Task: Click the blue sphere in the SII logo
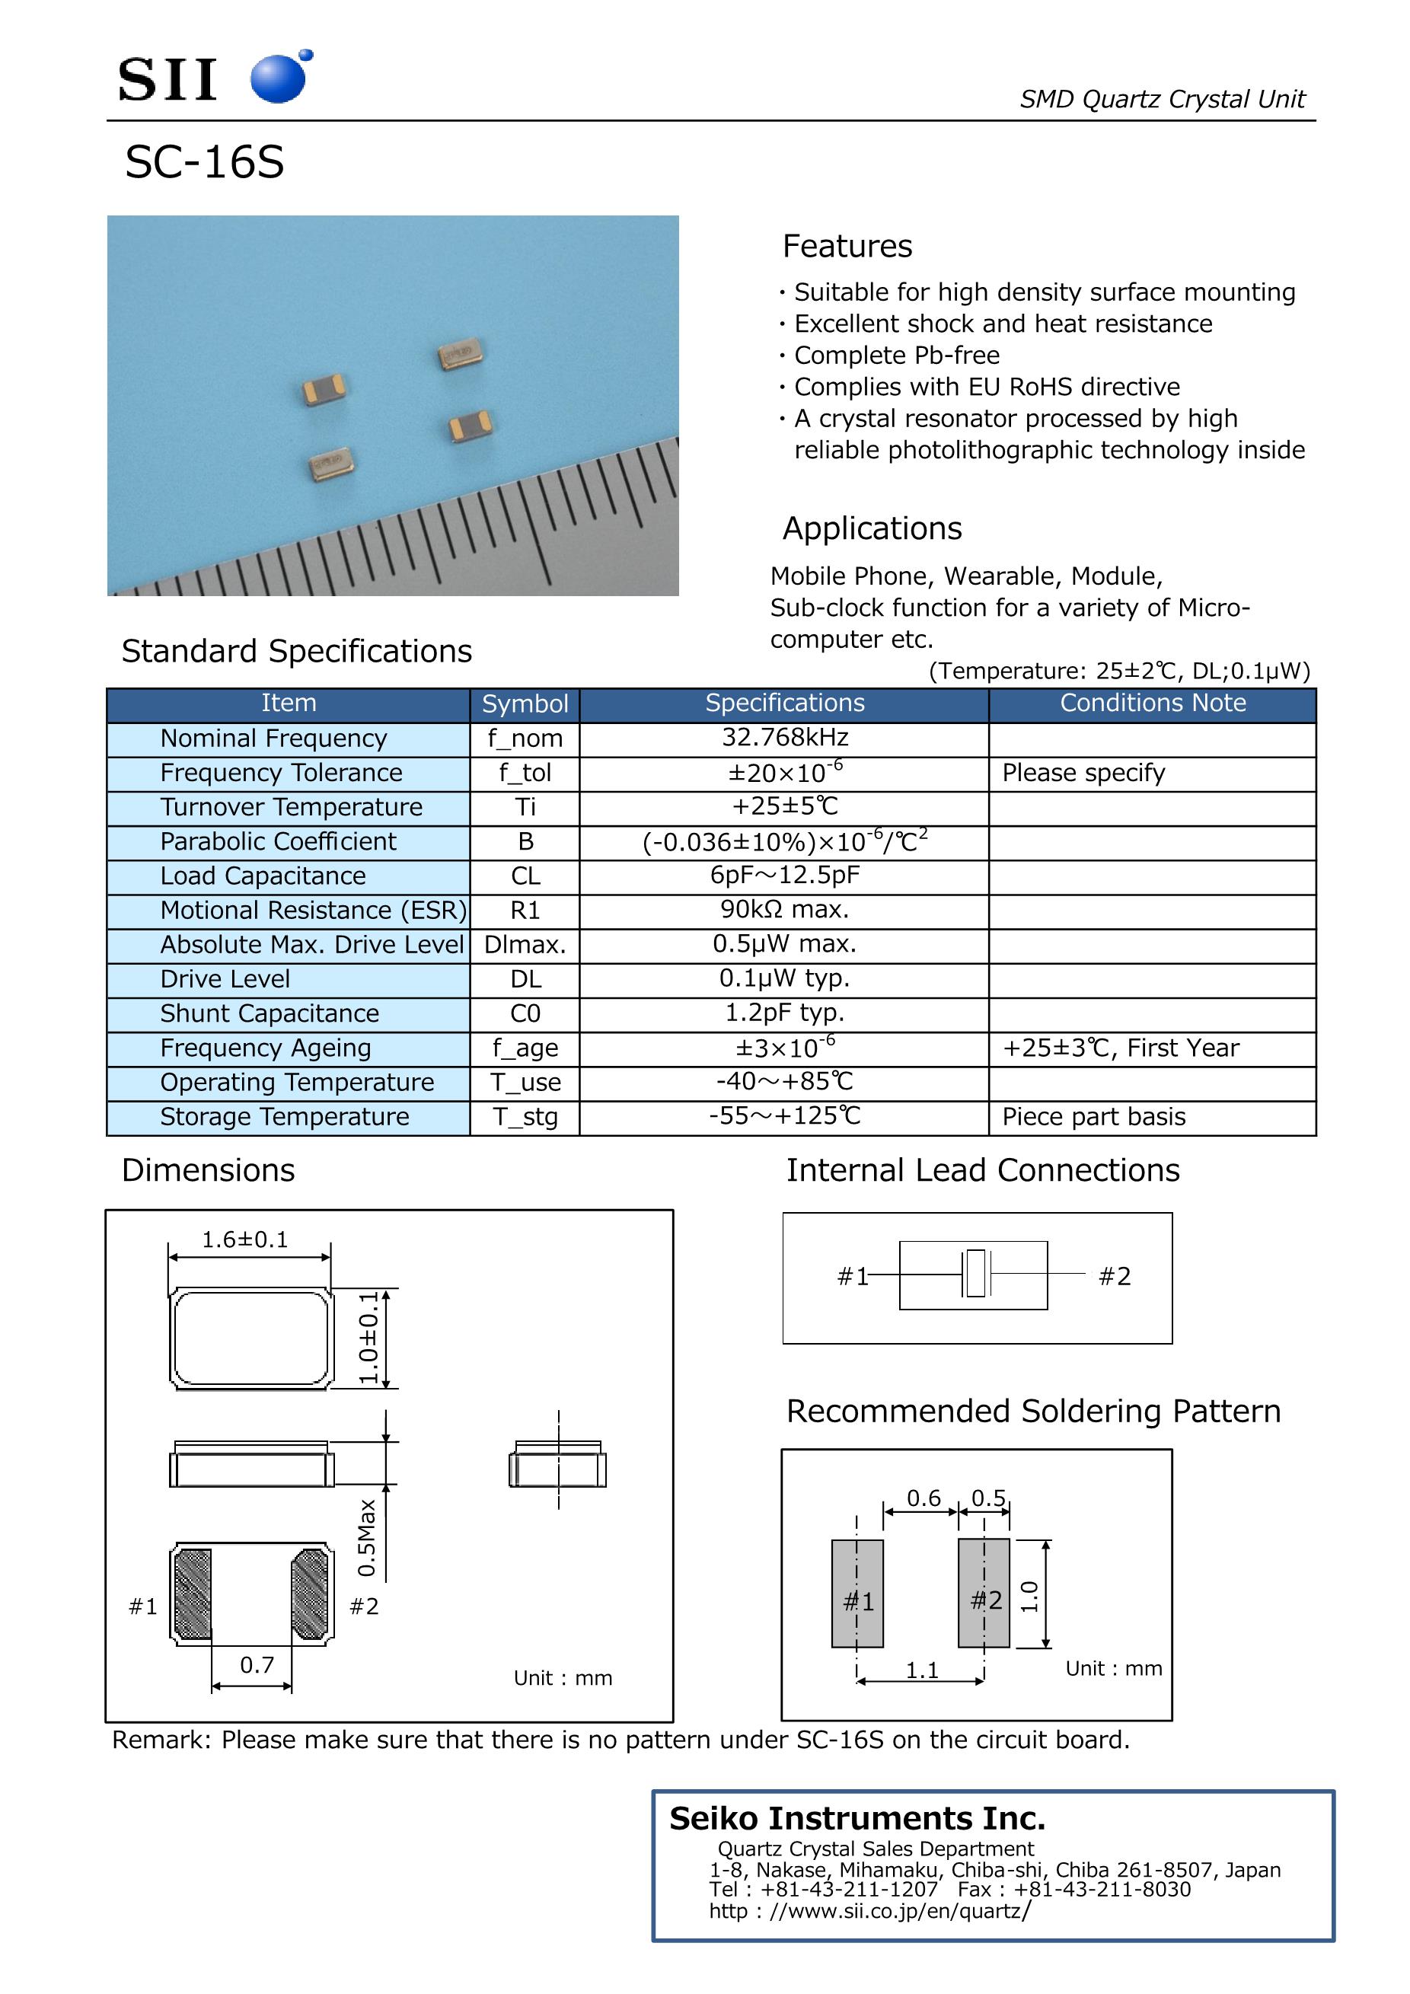[x=278, y=78]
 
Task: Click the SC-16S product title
[x=205, y=162]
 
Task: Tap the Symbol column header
[x=525, y=703]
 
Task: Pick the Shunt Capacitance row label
[x=270, y=1013]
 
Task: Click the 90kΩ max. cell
[x=785, y=909]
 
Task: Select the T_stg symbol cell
[x=525, y=1117]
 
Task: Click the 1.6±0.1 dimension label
[x=245, y=1239]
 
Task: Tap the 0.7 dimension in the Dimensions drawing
[x=257, y=1665]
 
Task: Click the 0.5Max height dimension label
[x=366, y=1538]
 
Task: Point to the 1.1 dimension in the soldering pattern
[x=922, y=1670]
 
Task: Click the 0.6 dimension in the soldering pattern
[x=924, y=1498]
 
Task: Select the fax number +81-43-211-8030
[x=1102, y=1889]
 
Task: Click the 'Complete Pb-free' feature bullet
[x=897, y=356]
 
